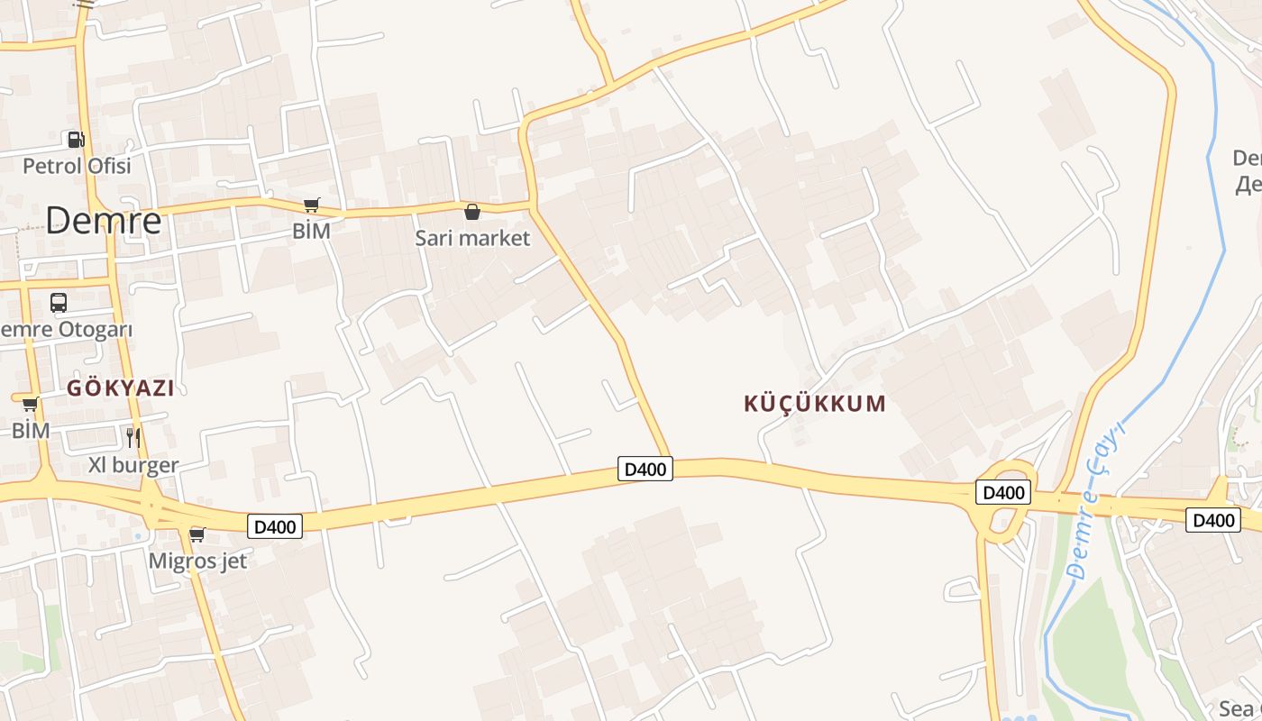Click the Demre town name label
[104, 220]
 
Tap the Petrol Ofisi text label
[77, 166]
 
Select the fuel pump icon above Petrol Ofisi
[77, 139]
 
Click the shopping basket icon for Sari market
[471, 212]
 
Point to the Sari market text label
[472, 238]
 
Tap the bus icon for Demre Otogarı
[59, 303]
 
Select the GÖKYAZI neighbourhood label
[121, 388]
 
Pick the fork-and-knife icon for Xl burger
[133, 438]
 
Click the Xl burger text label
[133, 465]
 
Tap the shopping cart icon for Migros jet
[197, 534]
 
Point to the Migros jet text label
[197, 561]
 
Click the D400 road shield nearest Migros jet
[275, 526]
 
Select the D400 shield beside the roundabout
[1002, 492]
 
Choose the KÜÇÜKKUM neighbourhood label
[815, 403]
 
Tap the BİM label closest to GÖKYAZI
[31, 430]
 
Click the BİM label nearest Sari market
[311, 231]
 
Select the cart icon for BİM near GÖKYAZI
[30, 404]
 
